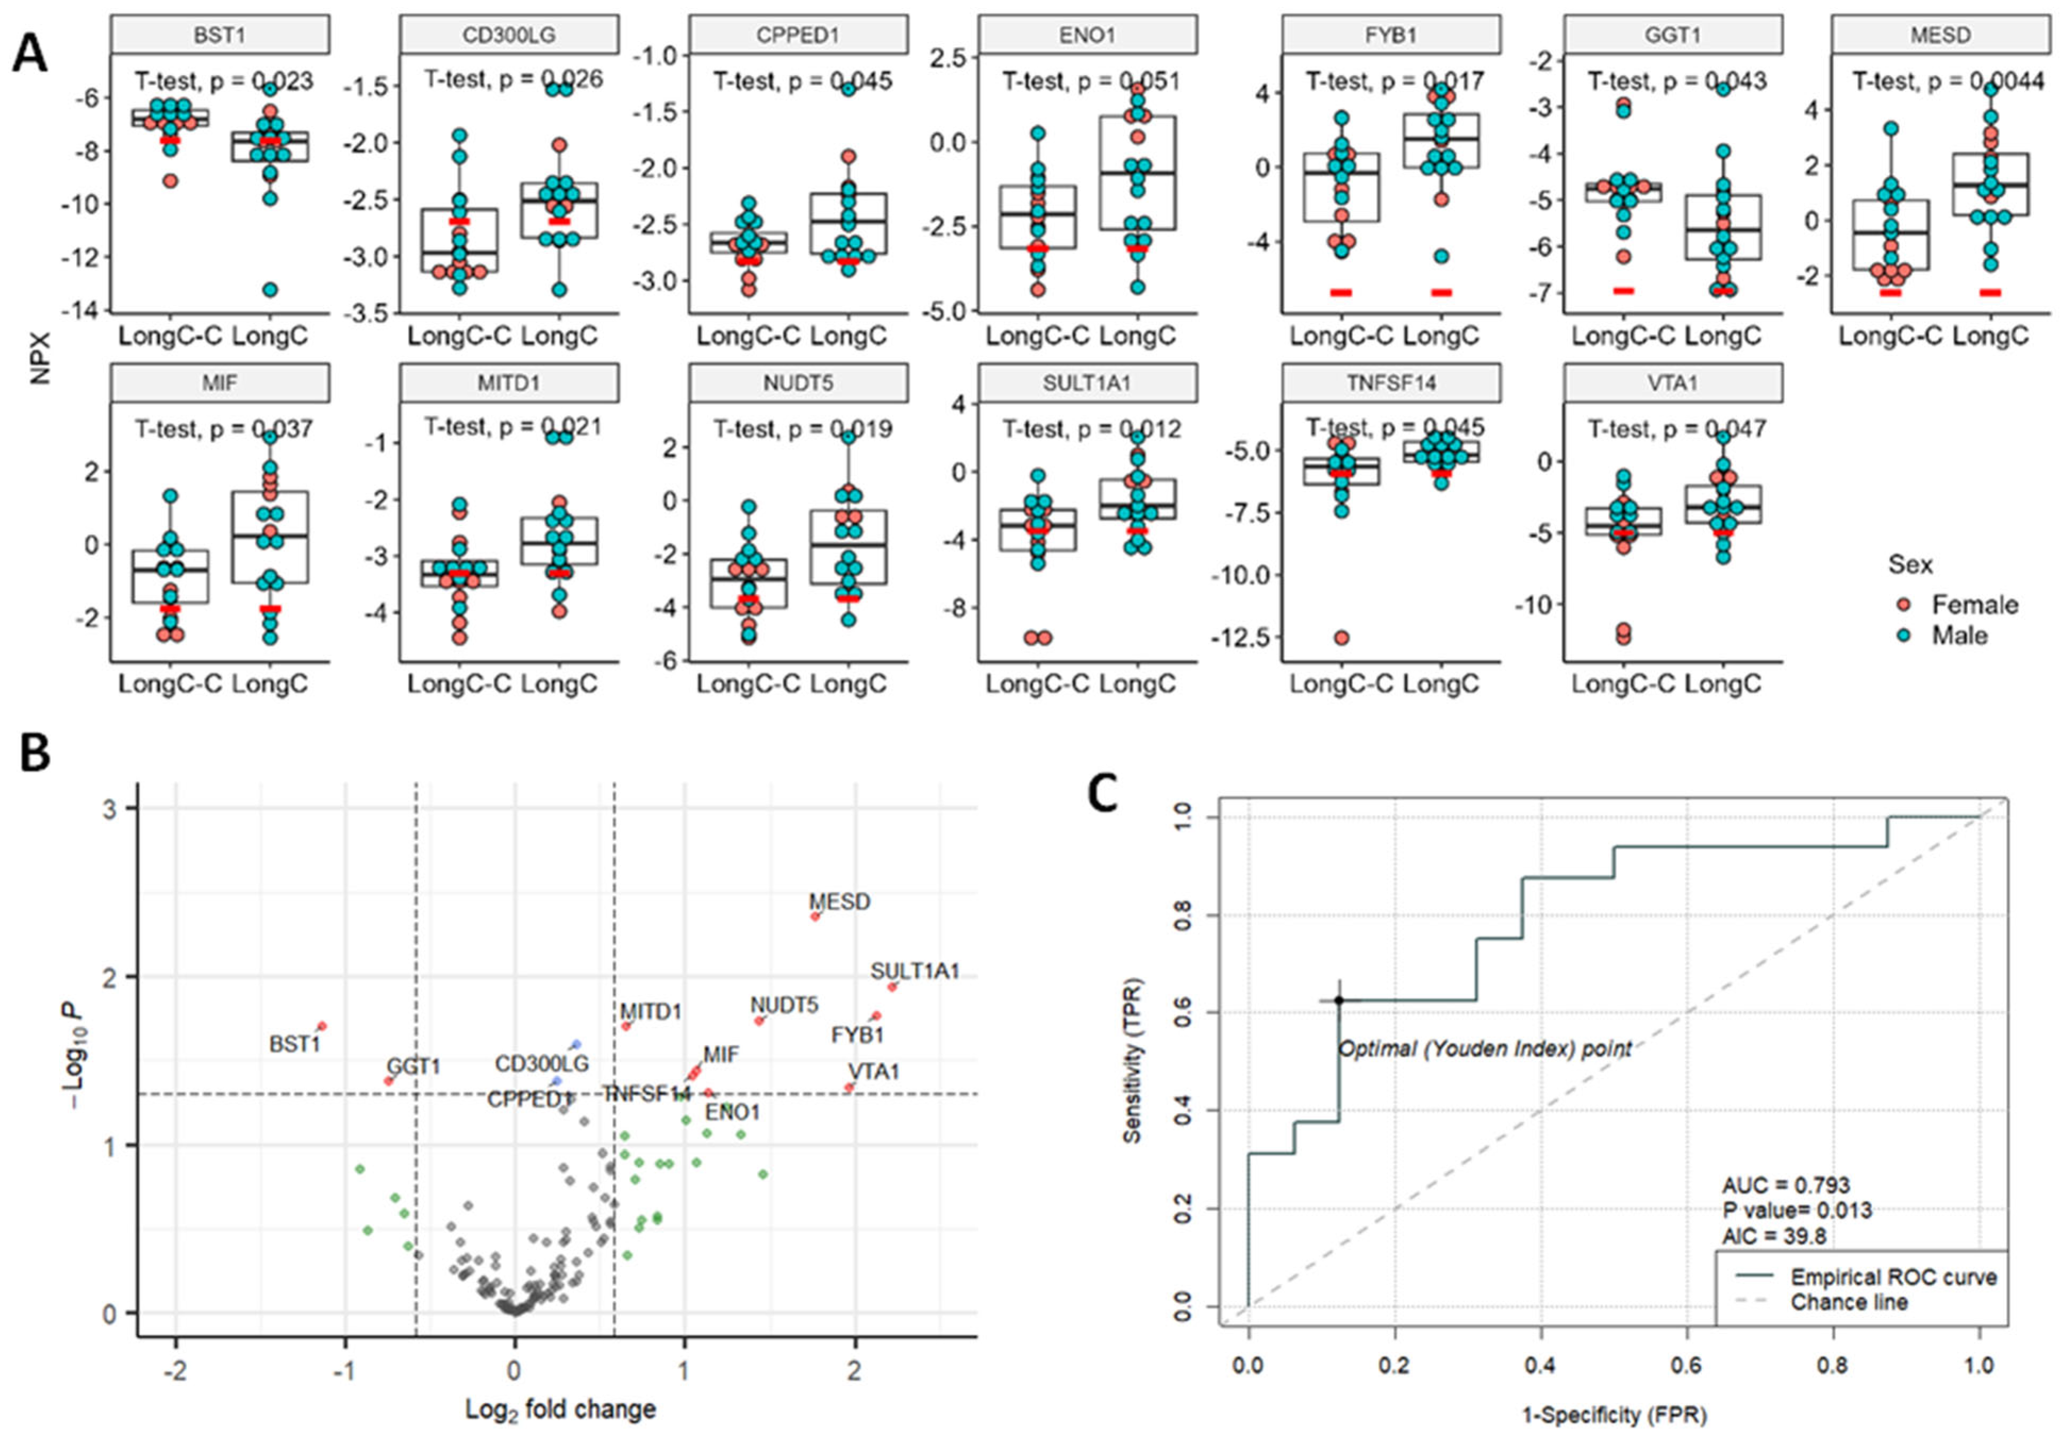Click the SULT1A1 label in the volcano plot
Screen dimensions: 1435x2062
pos(914,971)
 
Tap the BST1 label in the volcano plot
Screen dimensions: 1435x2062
pos(295,1044)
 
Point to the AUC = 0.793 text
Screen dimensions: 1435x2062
pos(1785,1185)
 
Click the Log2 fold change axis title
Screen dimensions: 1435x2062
pos(561,1409)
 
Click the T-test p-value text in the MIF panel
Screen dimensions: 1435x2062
pos(223,429)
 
